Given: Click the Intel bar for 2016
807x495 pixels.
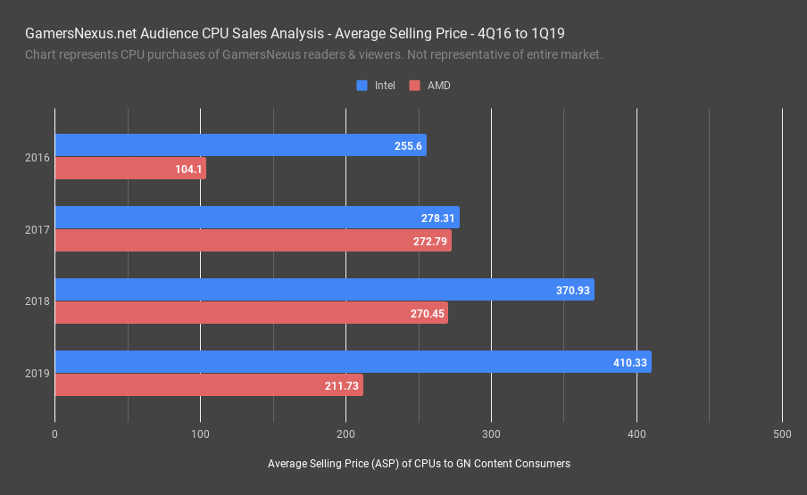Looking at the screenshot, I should coord(240,145).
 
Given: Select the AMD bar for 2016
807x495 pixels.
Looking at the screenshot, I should coord(130,169).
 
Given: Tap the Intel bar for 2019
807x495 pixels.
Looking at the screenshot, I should coord(353,362).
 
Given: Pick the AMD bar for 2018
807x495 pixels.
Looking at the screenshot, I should coord(251,313).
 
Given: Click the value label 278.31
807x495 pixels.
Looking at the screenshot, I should coord(438,218).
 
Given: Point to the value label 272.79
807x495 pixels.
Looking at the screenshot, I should coord(430,242).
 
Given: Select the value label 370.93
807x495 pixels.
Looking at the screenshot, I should coord(573,290).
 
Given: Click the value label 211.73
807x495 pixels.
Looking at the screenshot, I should coord(342,386).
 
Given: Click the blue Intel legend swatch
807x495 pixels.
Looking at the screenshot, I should coord(362,86).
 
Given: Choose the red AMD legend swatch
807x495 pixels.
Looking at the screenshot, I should coord(414,86).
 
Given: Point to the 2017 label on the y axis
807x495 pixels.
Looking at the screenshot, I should coord(37,230).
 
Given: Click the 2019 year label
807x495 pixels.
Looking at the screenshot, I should coord(37,375).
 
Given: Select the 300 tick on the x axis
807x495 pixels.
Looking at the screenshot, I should coord(491,434).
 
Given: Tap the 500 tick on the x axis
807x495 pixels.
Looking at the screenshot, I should coord(781,434).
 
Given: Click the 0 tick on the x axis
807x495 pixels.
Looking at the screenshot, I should coord(55,434).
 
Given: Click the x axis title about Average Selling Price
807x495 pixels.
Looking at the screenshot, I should coord(419,464).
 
